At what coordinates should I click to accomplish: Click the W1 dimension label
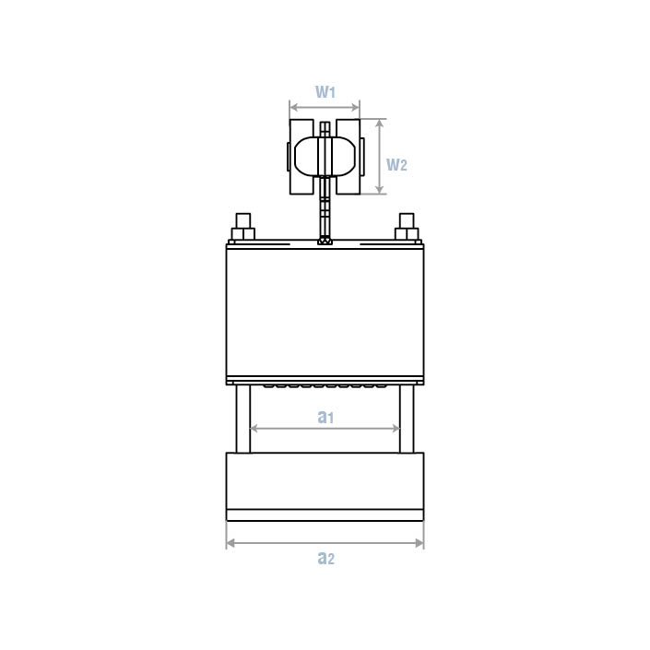pyautogui.click(x=325, y=91)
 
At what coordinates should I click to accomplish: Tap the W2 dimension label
pyautogui.click(x=396, y=164)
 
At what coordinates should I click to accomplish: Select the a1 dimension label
pyautogui.click(x=325, y=417)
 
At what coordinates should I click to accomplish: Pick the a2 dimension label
pyautogui.click(x=325, y=558)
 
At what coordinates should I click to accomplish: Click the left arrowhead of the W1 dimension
pyautogui.click(x=293, y=108)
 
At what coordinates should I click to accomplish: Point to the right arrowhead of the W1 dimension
pyautogui.click(x=355, y=108)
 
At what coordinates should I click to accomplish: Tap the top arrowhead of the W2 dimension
pyautogui.click(x=379, y=124)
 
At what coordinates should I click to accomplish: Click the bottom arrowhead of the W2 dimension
pyautogui.click(x=379, y=189)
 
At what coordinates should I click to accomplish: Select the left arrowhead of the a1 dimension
pyautogui.click(x=254, y=428)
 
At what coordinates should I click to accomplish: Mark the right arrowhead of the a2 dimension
pyautogui.click(x=420, y=543)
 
